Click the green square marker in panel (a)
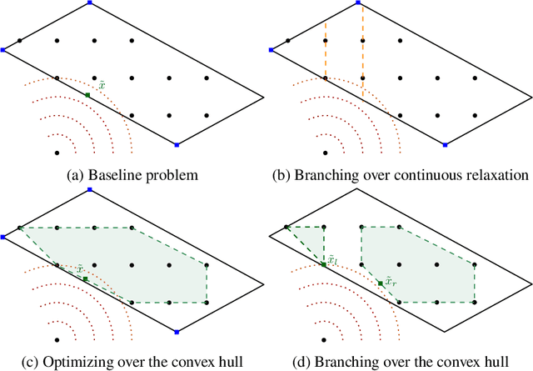click(87, 96)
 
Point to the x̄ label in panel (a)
click(102, 85)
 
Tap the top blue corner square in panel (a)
click(91, 3)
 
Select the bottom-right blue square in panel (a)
click(177, 145)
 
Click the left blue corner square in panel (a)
click(3, 50)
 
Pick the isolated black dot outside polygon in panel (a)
click(57, 153)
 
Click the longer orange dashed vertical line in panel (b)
click(363, 42)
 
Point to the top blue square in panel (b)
click(359, 3)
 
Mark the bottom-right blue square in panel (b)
click(445, 145)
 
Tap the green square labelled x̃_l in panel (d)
click(324, 264)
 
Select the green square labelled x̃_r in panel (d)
click(381, 284)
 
